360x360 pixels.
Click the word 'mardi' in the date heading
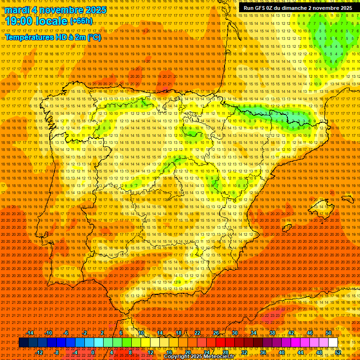click(17, 10)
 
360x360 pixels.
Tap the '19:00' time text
click(19, 21)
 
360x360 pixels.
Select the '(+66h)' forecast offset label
click(81, 21)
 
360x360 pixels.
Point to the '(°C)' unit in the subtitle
click(94, 37)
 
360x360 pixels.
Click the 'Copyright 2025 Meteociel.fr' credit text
click(199, 357)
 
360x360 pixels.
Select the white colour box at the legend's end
click(333, 343)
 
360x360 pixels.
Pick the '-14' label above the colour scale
click(30, 333)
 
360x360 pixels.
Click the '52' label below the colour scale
click(338, 352)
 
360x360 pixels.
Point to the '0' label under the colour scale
click(93, 352)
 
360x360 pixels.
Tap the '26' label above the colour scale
click(216, 333)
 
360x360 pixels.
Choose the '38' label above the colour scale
click(272, 333)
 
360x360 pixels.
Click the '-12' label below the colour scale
click(39, 352)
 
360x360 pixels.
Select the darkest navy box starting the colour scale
click(23, 343)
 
